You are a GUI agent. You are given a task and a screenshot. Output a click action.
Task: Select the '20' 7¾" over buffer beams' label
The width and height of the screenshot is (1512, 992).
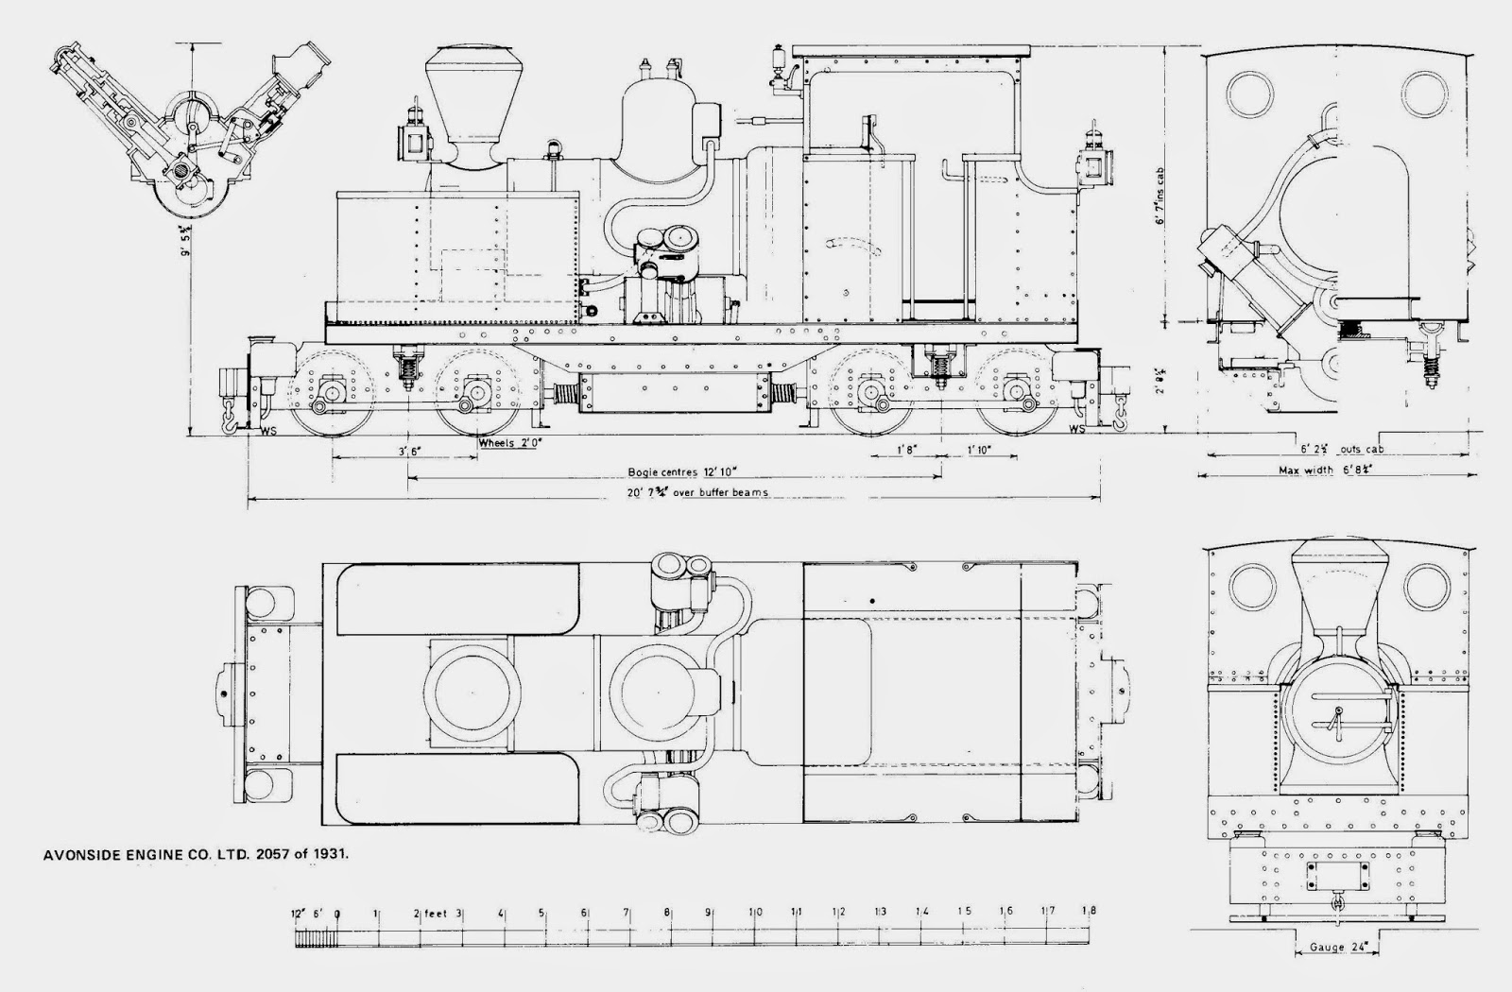click(676, 492)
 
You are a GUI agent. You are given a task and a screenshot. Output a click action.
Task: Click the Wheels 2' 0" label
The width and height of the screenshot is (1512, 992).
click(511, 441)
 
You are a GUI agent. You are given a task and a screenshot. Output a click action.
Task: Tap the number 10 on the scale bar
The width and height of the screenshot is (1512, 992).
click(755, 912)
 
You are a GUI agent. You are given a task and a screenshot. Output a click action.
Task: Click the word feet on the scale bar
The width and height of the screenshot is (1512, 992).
click(436, 913)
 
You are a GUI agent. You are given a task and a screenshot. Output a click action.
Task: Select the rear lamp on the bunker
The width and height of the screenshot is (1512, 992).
click(1092, 162)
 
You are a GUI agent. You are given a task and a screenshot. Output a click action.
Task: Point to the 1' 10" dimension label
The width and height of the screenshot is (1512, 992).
click(978, 451)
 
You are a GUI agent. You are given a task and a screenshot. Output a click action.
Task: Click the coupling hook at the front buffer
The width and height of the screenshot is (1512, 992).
click(228, 417)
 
